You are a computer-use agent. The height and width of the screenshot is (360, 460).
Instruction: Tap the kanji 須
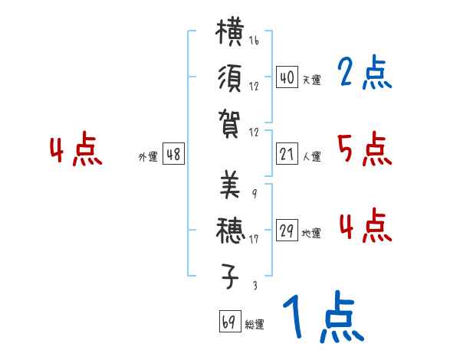tap(230, 79)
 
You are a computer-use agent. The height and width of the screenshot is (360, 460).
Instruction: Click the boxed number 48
tap(173, 155)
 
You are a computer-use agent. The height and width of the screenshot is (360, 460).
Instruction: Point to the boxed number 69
tap(229, 322)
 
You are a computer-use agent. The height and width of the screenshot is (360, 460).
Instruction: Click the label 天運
tap(311, 80)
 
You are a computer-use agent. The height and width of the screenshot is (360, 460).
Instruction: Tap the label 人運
tap(311, 157)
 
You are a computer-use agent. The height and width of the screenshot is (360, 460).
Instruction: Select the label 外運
tap(147, 157)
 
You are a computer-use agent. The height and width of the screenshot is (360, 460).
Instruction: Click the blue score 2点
tap(364, 74)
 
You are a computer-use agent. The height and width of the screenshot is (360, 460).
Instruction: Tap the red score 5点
tap(364, 149)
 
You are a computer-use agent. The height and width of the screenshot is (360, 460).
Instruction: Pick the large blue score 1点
tap(322, 317)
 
